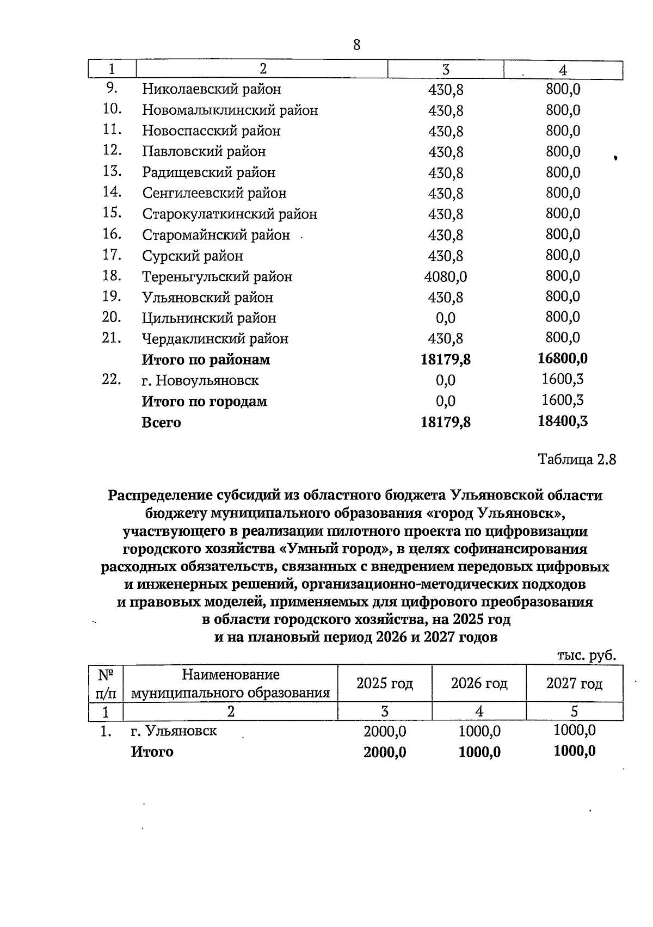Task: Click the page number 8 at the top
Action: tap(356, 45)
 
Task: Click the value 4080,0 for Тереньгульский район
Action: tap(445, 277)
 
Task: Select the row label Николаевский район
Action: tap(212, 89)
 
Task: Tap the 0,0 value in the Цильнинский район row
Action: tap(445, 318)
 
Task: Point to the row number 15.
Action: tap(111, 213)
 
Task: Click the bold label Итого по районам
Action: tap(206, 360)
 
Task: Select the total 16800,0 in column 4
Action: tap(562, 359)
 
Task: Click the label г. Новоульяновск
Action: tap(200, 380)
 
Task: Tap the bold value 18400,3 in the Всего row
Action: tap(562, 421)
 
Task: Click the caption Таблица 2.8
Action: tap(577, 459)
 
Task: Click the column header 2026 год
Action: tap(479, 683)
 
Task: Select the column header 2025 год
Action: tap(384, 683)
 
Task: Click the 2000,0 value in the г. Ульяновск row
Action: tap(384, 732)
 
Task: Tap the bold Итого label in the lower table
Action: tap(152, 752)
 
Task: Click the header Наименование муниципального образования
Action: tap(231, 684)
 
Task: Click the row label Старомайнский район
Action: tap(216, 236)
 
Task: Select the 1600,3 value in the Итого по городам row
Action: tap(562, 400)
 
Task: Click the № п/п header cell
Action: tap(106, 684)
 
